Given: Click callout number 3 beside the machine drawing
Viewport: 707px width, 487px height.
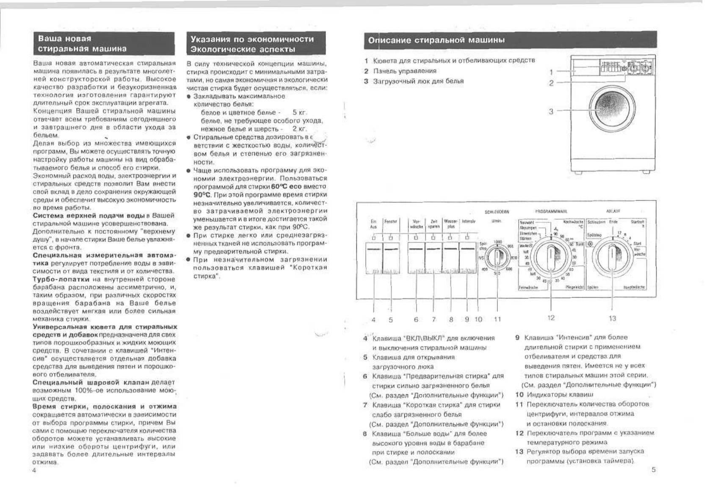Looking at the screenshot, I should click(x=551, y=111).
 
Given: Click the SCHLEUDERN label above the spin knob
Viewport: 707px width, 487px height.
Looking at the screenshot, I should click(x=497, y=212).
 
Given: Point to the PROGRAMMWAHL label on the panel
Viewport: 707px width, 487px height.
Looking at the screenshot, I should click(x=551, y=211).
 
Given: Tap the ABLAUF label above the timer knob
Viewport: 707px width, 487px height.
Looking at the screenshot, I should click(x=613, y=211).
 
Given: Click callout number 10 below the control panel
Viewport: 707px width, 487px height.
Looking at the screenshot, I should click(x=478, y=319).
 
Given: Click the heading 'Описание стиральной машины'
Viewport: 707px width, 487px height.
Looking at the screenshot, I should click(x=436, y=41).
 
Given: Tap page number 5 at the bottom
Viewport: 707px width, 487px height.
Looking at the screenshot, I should click(x=653, y=469).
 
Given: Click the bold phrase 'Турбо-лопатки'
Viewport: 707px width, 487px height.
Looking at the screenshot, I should click(x=61, y=279).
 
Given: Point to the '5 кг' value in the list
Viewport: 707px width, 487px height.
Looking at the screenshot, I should click(x=299, y=113).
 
